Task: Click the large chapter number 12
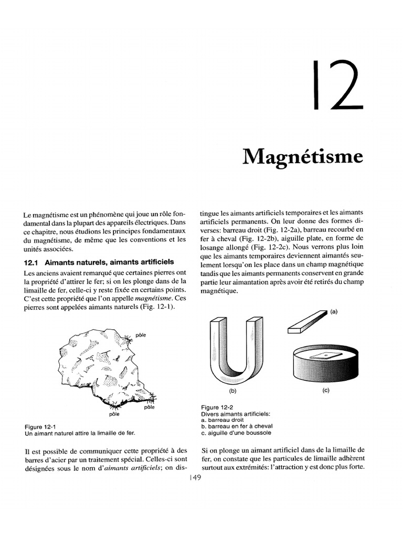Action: [338, 85]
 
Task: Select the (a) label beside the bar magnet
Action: [334, 312]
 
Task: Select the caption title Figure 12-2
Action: [217, 407]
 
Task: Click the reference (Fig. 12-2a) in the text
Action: [284, 230]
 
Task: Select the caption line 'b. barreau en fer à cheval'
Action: [237, 426]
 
